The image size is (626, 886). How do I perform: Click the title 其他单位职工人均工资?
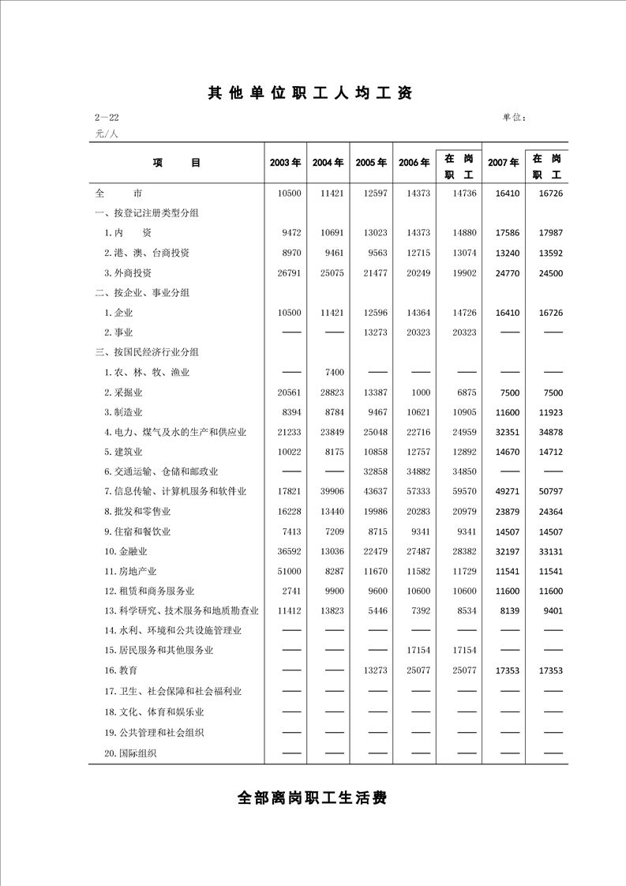310,93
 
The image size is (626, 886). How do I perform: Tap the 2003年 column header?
285,163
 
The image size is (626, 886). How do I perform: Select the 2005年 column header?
371,163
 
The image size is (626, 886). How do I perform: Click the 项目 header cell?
177,163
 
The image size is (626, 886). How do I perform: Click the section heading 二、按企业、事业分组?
142,292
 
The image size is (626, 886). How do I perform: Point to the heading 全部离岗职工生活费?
312,798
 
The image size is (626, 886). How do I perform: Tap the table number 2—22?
107,118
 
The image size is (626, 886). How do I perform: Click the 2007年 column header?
503,163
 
